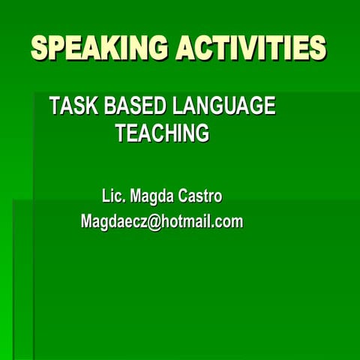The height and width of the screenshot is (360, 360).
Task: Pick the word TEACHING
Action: point(162,134)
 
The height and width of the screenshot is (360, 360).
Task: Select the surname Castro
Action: point(200,196)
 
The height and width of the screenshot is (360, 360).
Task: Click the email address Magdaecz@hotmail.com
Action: point(162,221)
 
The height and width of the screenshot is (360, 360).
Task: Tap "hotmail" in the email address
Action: point(183,221)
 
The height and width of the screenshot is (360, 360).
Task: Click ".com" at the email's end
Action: point(227,222)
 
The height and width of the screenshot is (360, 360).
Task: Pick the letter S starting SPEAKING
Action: point(40,48)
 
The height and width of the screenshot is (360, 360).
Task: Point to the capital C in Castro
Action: point(184,196)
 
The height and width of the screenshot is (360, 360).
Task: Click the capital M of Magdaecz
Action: point(87,221)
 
